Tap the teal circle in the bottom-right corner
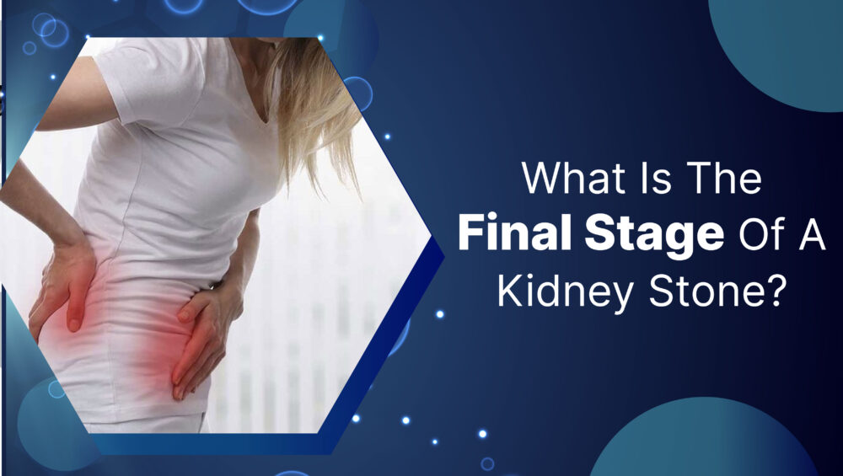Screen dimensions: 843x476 click(x=704, y=441)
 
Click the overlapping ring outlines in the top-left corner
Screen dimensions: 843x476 click(x=50, y=29)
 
